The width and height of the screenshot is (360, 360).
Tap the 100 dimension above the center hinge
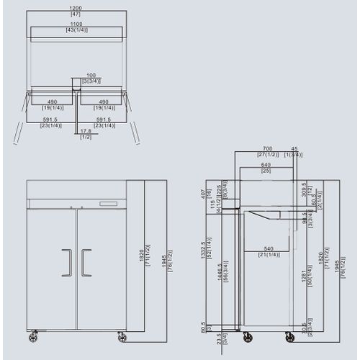91,75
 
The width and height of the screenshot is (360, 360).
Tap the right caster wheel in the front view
120,336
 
